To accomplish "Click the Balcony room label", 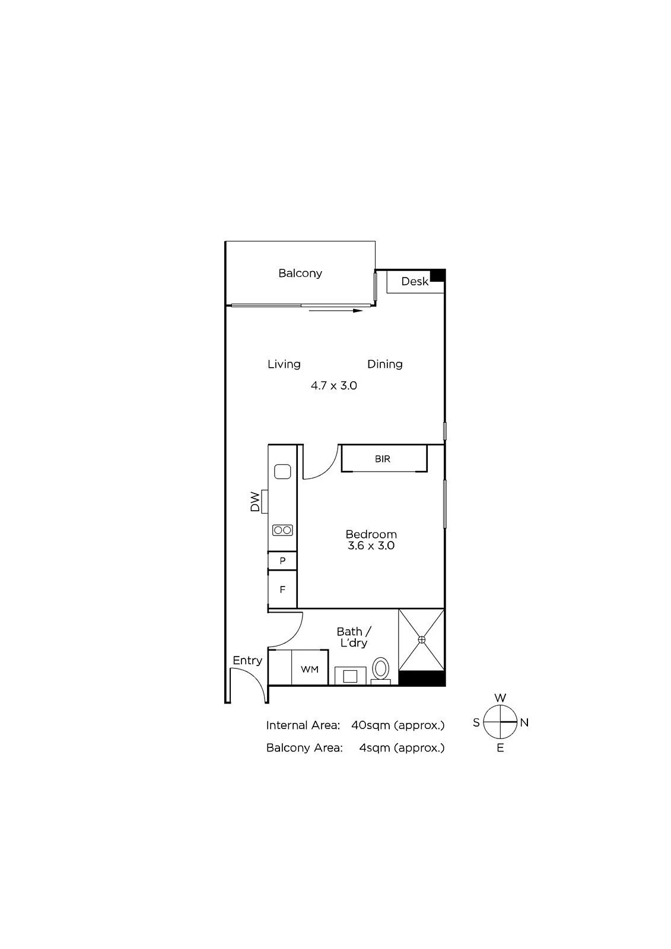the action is (x=300, y=273).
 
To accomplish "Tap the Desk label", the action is (x=415, y=281).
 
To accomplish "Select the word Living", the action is (x=284, y=364).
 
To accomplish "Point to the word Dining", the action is (x=385, y=364).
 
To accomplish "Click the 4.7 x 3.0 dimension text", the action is (x=334, y=386).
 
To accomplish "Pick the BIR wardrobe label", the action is (x=382, y=459).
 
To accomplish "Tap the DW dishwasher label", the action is (x=255, y=502).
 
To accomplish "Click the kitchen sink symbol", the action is (x=282, y=472).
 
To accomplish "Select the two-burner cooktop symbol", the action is (x=283, y=530).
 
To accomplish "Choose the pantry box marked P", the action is (x=282, y=561).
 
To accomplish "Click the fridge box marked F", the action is (x=282, y=590).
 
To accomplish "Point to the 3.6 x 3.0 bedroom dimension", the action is (x=371, y=546).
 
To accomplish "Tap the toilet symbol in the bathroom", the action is (x=381, y=671).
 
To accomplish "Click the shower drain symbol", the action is (x=421, y=639).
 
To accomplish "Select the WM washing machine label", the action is (x=310, y=670).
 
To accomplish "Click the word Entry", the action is (x=247, y=661).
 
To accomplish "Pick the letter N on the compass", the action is (x=524, y=723).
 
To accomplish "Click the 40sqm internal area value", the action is (x=370, y=725).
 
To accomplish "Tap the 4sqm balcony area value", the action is (x=375, y=748).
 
